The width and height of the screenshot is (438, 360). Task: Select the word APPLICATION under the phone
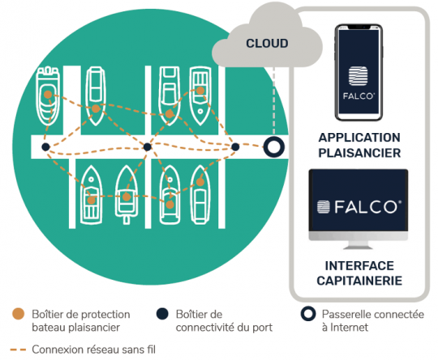(359, 138)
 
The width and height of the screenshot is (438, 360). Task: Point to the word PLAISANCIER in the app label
(359, 152)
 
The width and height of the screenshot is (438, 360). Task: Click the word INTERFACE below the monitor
(359, 266)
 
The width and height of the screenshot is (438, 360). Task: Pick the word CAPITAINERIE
(359, 281)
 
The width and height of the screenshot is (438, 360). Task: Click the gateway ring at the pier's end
(274, 148)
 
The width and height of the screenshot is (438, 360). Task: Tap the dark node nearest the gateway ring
(235, 147)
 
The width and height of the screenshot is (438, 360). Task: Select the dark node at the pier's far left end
(46, 147)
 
